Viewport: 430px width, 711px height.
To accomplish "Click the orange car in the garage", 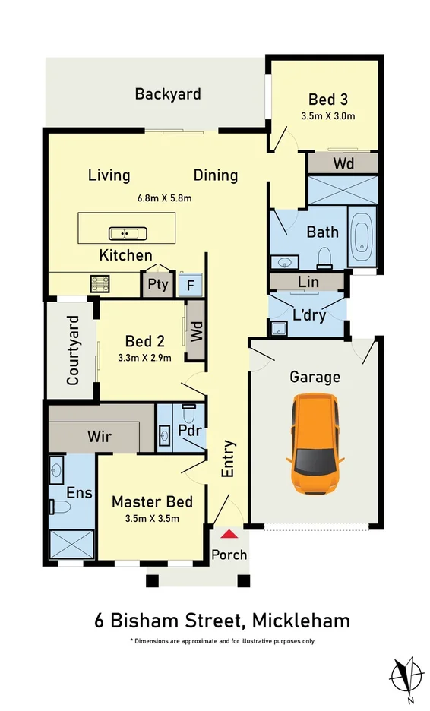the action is (315, 444).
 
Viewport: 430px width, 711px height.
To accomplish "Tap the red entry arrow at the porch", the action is (229, 534).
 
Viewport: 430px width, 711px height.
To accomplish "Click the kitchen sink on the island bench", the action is (128, 233).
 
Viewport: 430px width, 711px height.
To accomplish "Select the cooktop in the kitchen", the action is (100, 284).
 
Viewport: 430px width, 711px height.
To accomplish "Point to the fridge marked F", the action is (191, 285).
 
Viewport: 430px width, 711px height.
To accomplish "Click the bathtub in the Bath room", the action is (362, 237).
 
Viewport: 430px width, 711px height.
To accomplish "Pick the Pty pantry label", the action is (158, 285).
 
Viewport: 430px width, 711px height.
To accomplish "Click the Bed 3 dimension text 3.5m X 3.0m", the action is (328, 116).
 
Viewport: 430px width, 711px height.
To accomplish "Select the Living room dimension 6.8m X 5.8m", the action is (164, 198).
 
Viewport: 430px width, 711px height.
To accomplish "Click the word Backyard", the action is (168, 94).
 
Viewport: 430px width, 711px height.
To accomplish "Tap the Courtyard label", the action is (73, 350).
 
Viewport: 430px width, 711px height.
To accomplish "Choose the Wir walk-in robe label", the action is (100, 437).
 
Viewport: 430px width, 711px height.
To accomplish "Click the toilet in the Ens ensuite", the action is (59, 506).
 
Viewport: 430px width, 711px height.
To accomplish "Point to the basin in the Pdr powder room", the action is (165, 436).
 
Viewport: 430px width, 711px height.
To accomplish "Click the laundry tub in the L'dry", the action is (279, 328).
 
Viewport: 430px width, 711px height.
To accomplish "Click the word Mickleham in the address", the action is (301, 621).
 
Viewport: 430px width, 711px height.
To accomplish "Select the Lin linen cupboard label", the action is (308, 282).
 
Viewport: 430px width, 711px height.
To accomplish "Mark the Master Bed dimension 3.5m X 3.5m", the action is (152, 518).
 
